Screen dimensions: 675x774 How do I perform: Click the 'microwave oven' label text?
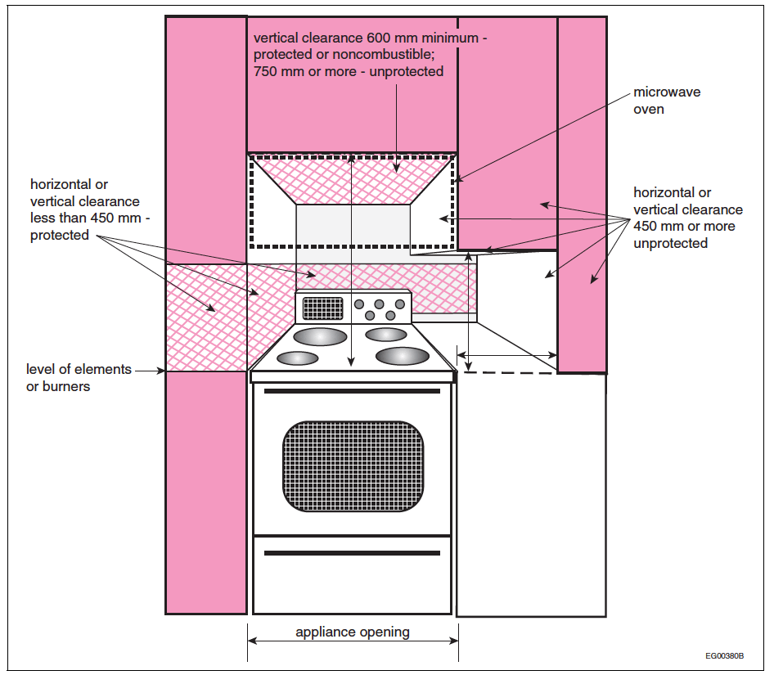pyautogui.click(x=667, y=101)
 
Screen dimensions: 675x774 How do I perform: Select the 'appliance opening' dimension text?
pyautogui.click(x=353, y=632)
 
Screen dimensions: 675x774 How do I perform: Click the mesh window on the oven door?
pyautogui.click(x=353, y=466)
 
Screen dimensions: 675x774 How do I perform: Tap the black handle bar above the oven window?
pyautogui.click(x=353, y=391)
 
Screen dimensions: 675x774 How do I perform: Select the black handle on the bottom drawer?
pyautogui.click(x=353, y=553)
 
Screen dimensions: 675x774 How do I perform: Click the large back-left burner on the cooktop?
pyautogui.click(x=320, y=336)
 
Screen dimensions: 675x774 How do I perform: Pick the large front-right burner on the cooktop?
pyautogui.click(x=402, y=356)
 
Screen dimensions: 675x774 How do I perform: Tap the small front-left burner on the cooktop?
pyautogui.click(x=298, y=358)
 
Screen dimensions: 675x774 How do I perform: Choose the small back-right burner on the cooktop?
pyautogui.click(x=386, y=334)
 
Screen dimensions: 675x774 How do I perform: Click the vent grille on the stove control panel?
pyautogui.click(x=322, y=308)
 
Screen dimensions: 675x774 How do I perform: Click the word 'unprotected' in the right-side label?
pyautogui.click(x=671, y=243)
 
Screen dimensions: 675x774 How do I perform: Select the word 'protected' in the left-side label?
pyautogui.click(x=60, y=236)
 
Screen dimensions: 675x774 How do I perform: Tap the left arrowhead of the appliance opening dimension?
pyautogui.click(x=251, y=641)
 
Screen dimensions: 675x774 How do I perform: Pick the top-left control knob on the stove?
pyautogui.click(x=359, y=304)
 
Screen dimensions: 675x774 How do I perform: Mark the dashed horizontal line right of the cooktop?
pyautogui.click(x=507, y=372)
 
